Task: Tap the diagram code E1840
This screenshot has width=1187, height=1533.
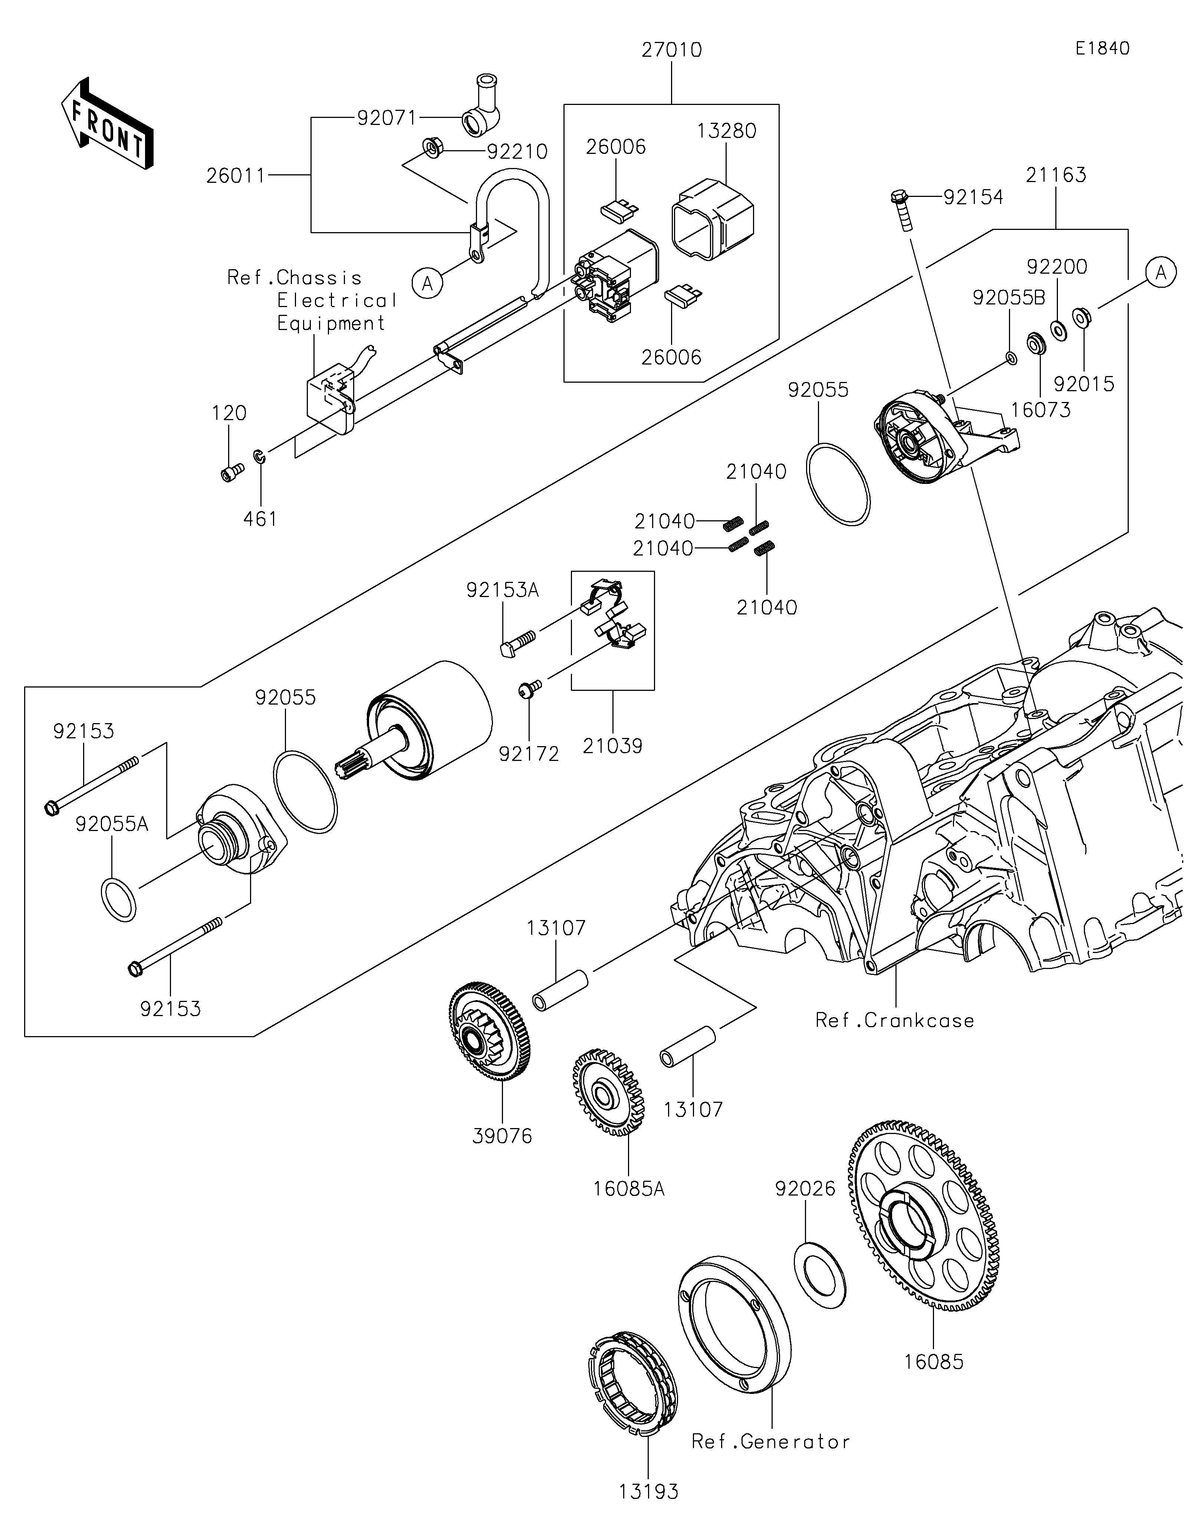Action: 1102,49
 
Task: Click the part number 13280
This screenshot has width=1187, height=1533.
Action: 727,131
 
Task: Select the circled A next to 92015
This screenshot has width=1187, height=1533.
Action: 1160,272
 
